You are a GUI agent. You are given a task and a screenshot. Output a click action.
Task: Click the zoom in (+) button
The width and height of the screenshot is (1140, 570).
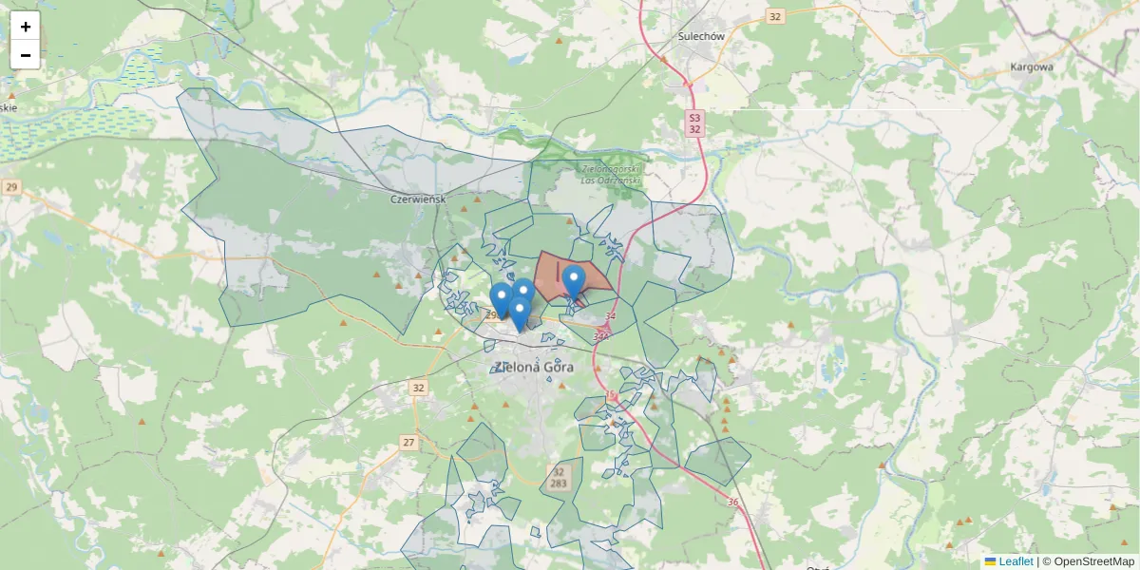point(26,27)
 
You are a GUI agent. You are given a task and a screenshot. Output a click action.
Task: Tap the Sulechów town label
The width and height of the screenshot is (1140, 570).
point(702,36)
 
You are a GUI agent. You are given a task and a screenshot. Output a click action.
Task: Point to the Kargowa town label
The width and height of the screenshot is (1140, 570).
point(1032,66)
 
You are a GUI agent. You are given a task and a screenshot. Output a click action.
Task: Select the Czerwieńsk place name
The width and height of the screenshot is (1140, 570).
point(419,199)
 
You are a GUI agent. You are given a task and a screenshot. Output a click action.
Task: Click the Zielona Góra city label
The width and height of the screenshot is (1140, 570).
point(535,367)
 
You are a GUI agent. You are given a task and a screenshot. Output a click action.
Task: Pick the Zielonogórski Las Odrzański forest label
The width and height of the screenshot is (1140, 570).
point(611,175)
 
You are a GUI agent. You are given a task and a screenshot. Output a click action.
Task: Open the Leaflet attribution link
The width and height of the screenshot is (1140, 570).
point(1015,561)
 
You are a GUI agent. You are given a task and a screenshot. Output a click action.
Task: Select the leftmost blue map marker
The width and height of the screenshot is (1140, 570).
point(501,298)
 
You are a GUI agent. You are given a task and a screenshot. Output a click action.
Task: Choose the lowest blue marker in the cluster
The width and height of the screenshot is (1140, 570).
point(519,313)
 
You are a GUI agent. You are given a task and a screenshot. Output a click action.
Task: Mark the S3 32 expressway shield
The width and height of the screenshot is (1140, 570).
point(695,123)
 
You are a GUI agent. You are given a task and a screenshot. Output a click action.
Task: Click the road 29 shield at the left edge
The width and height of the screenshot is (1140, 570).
point(11,187)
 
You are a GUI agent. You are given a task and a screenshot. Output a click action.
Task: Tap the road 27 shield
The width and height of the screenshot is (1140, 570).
point(408,443)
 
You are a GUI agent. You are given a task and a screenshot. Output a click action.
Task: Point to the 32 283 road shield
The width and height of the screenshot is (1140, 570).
point(558,478)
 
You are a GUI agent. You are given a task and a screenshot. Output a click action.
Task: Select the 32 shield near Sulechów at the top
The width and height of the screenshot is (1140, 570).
point(776,16)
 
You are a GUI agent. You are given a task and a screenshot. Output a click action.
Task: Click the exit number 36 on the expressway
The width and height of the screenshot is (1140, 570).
point(732,503)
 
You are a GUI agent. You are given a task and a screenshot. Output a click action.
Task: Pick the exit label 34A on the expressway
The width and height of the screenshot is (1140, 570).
point(601,335)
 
